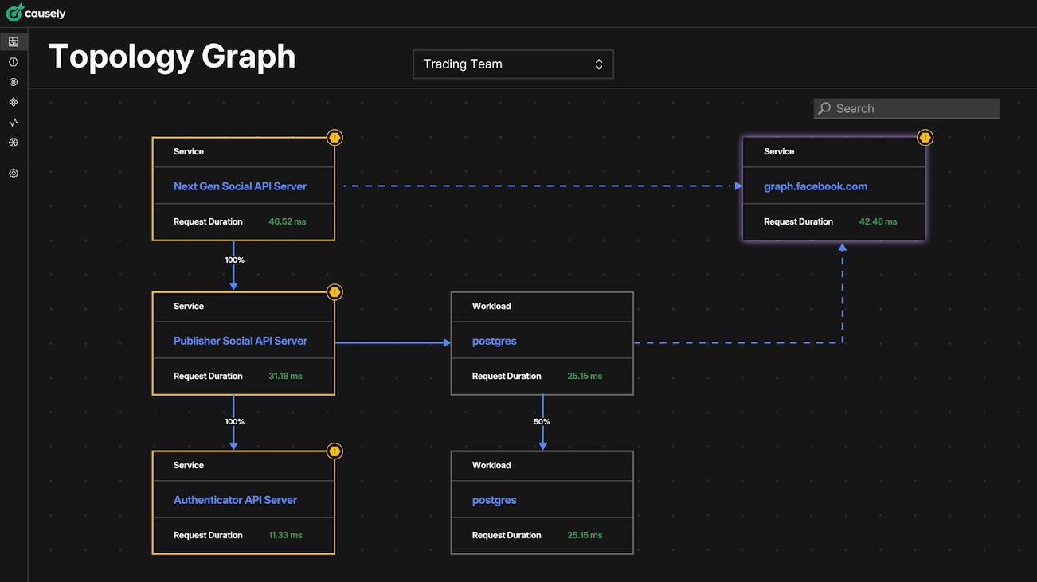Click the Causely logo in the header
[36, 14]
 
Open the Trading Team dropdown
[513, 64]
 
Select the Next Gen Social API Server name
[240, 186]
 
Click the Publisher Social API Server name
[240, 341]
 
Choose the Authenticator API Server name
[235, 500]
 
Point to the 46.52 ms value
[287, 221]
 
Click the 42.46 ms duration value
[877, 221]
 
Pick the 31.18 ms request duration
[285, 376]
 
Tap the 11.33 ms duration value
[285, 535]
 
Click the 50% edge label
[542, 421]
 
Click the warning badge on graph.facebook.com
[925, 138]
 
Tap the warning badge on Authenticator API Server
[335, 451]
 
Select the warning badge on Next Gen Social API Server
[335, 138]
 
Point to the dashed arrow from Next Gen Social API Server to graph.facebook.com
[538, 186]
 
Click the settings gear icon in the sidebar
[14, 173]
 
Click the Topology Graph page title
[172, 57]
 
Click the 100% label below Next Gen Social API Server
[234, 260]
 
